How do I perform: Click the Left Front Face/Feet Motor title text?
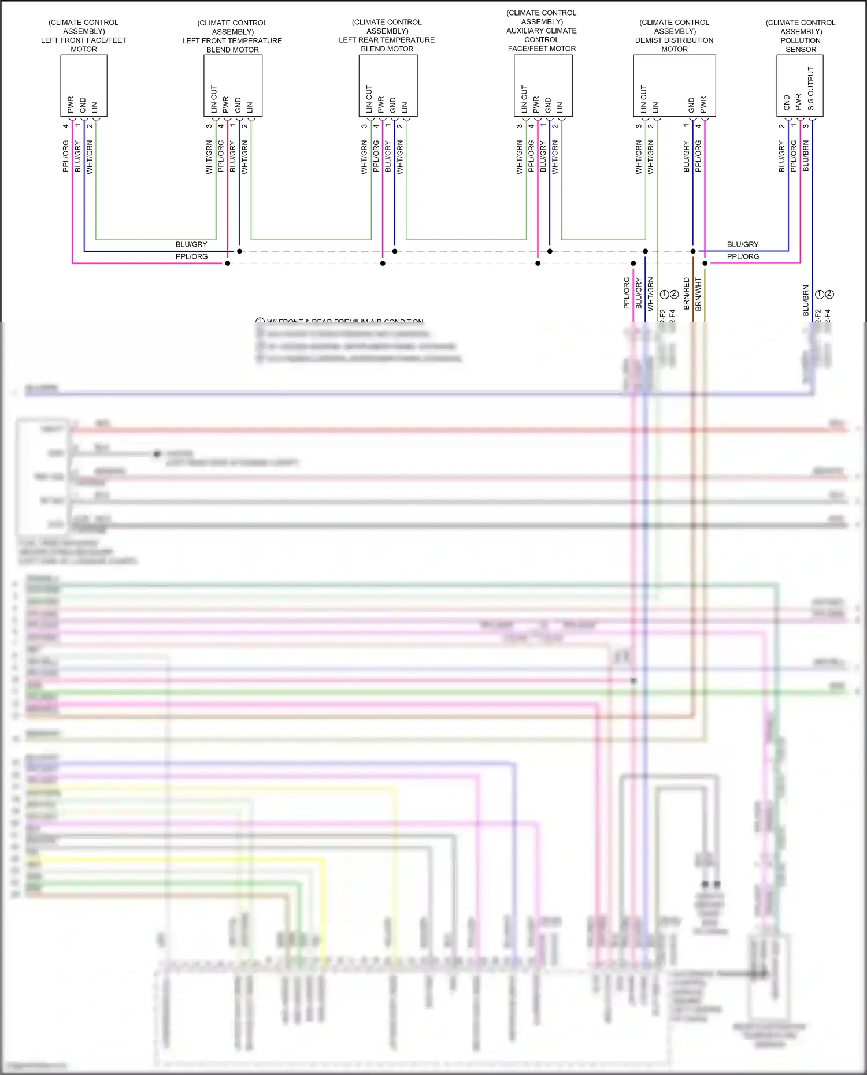pyautogui.click(x=84, y=36)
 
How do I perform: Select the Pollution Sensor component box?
pyautogui.click(x=799, y=85)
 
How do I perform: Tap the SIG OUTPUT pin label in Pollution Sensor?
pyautogui.click(x=811, y=89)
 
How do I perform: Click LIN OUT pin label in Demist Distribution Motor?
pyautogui.click(x=643, y=99)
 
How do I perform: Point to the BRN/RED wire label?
pyautogui.click(x=687, y=293)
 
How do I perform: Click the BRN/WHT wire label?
pyautogui.click(x=698, y=293)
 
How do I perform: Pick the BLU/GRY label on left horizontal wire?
pyautogui.click(x=191, y=244)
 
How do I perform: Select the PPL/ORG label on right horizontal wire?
pyautogui.click(x=743, y=256)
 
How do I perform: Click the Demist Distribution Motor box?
pyautogui.click(x=674, y=85)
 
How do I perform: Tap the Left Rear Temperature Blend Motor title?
pyautogui.click(x=387, y=36)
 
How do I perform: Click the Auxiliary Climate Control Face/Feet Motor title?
pyautogui.click(x=542, y=31)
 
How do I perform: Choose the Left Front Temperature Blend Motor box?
pyautogui.click(x=232, y=85)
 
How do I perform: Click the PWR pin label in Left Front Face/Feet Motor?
pyautogui.click(x=71, y=105)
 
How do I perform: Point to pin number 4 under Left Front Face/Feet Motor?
pyautogui.click(x=66, y=125)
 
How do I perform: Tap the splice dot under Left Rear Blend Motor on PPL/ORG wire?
pyautogui.click(x=383, y=263)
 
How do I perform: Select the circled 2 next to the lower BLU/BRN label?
pyautogui.click(x=829, y=294)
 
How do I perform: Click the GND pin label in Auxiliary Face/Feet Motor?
pyautogui.click(x=548, y=105)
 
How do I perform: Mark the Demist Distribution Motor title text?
pyautogui.click(x=674, y=36)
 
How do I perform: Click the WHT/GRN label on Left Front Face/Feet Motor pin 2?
pyautogui.click(x=90, y=157)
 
